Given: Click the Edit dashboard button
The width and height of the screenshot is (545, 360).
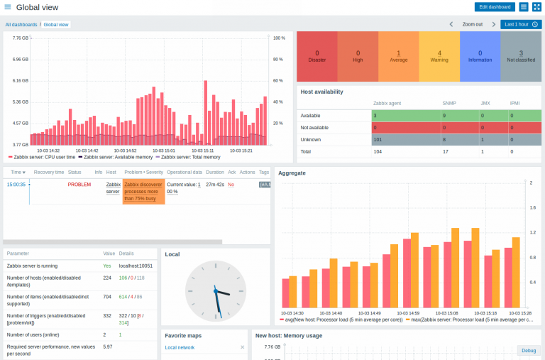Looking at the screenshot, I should click(x=495, y=7).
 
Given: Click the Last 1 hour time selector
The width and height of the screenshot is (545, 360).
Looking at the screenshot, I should click(x=521, y=24).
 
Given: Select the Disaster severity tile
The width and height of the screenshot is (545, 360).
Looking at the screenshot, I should click(x=316, y=56).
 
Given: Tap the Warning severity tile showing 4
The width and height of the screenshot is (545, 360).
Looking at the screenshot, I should click(x=439, y=56).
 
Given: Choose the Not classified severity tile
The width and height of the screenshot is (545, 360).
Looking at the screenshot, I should click(x=521, y=56).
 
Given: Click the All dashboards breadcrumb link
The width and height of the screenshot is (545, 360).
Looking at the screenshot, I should click(x=21, y=24).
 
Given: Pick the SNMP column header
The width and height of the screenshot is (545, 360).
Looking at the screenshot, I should click(x=449, y=104).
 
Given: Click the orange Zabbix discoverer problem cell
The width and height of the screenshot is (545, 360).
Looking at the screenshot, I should click(x=143, y=192).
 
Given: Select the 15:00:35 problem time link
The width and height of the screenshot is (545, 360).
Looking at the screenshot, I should click(x=16, y=184).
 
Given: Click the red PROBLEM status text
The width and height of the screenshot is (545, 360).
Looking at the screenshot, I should click(x=79, y=184).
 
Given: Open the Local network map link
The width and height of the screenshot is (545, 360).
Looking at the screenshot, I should click(x=180, y=347).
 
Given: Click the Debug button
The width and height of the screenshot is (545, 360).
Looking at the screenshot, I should click(x=529, y=350).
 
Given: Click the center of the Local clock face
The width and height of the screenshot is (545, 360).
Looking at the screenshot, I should click(x=215, y=291).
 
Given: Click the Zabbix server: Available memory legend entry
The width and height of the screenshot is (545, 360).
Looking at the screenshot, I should click(x=114, y=157).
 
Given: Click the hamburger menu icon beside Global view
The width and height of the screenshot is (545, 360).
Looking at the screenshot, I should click(x=8, y=7).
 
